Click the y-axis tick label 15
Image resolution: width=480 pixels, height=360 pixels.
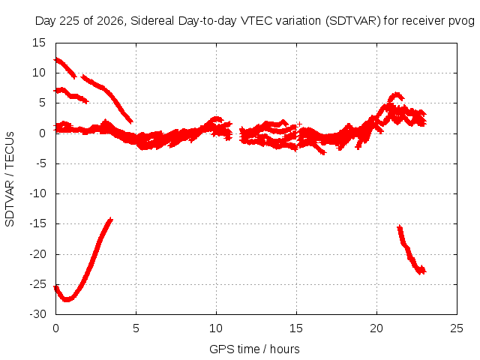39,43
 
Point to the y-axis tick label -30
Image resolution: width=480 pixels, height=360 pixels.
37,314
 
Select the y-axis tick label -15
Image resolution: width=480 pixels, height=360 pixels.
37,223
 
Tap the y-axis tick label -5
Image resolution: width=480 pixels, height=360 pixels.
40,163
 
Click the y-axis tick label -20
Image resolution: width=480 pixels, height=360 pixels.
37,254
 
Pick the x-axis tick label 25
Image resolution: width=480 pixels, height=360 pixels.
457,328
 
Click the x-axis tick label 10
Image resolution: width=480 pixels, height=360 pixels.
216,328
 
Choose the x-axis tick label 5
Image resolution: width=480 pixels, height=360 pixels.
136,328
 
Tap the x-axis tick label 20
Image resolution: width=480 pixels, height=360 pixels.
376,328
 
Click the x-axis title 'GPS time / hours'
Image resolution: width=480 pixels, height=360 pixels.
254,349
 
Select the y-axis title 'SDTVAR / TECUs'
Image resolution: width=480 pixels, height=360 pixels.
10,179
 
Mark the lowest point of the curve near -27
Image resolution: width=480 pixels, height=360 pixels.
67,300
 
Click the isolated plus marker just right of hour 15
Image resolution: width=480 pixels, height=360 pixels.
300,124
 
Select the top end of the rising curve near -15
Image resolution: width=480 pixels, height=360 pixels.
111,219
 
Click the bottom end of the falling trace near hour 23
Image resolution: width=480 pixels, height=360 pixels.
421,271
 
